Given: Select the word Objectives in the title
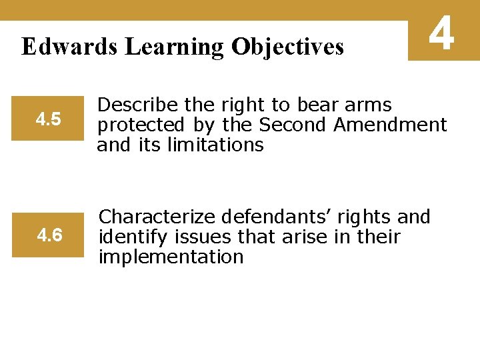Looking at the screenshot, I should (x=288, y=47).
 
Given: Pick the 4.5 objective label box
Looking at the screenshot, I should (x=48, y=120).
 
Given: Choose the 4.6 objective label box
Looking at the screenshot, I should (x=49, y=235).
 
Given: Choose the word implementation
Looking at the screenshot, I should (x=171, y=256).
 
